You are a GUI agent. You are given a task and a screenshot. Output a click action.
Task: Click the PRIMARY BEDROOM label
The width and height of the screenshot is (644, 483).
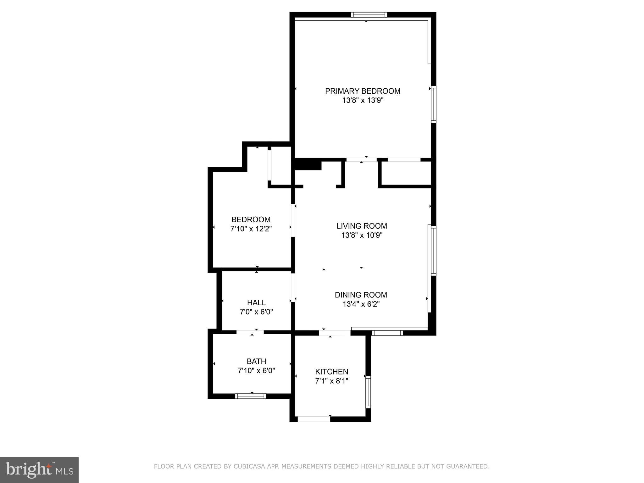(x=363, y=91)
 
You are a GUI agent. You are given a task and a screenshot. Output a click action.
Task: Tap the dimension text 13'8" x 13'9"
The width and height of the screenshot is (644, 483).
(x=363, y=101)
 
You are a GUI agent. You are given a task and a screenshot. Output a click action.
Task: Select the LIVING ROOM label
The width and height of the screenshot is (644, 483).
(x=362, y=226)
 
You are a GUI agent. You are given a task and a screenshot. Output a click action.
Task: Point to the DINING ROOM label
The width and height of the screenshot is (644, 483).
(x=361, y=295)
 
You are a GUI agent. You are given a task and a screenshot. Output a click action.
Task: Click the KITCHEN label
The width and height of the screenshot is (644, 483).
(x=331, y=372)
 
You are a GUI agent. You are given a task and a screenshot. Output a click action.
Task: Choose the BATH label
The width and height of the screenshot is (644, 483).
(x=256, y=361)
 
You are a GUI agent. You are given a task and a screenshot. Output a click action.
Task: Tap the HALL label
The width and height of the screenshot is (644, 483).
(x=256, y=303)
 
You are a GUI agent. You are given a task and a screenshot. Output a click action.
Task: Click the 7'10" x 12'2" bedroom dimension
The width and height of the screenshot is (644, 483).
(x=251, y=229)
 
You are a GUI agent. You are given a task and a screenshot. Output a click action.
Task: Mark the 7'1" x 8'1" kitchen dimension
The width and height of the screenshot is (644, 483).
(x=331, y=381)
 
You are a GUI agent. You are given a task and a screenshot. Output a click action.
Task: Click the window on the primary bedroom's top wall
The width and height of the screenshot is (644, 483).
(x=369, y=15)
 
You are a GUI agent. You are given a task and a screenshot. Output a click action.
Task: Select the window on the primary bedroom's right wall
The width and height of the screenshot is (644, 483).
(x=433, y=104)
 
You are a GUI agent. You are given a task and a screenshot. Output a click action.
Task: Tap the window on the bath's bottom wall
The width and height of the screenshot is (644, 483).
(x=251, y=396)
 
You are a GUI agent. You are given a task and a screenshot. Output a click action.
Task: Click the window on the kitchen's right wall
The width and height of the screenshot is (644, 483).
(x=368, y=392)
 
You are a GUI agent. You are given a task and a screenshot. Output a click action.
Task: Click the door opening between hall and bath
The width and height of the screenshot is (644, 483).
(x=250, y=332)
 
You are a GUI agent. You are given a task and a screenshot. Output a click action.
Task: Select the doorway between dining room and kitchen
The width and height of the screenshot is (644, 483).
(x=335, y=333)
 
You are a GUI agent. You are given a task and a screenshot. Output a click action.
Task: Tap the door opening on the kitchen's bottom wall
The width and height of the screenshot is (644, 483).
(x=314, y=419)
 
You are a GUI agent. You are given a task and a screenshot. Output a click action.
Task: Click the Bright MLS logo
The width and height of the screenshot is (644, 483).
(x=39, y=470)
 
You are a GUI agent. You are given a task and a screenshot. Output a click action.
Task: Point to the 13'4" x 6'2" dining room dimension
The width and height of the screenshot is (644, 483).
(x=361, y=304)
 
